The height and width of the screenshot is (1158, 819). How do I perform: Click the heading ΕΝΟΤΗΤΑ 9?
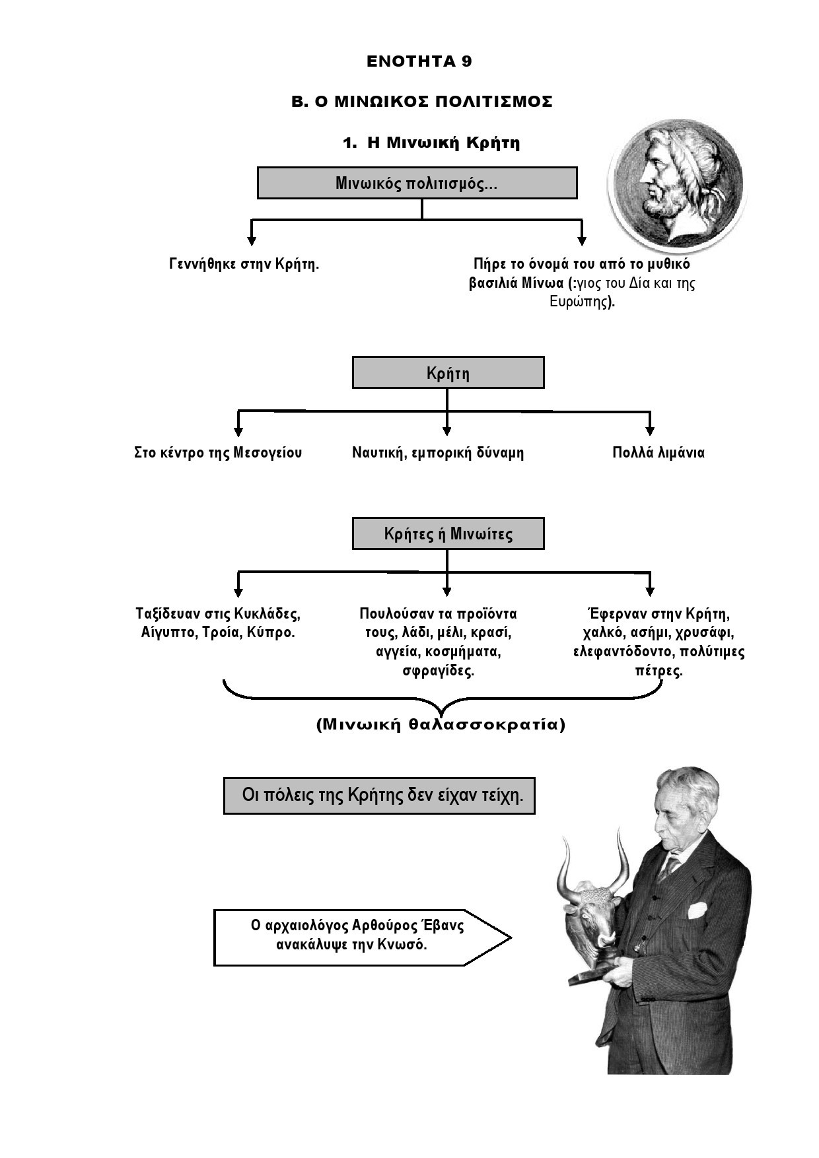pos(419,61)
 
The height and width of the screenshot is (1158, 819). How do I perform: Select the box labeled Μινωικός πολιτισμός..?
pos(417,183)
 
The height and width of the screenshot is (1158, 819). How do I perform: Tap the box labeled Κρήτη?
pos(448,373)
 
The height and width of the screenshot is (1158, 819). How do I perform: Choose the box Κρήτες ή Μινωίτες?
pos(448,533)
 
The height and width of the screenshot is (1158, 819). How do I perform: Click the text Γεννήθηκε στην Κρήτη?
pos(244,264)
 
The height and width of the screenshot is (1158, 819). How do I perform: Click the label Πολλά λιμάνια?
pos(659,453)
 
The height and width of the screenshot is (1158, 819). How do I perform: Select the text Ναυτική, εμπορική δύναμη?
pos(438,453)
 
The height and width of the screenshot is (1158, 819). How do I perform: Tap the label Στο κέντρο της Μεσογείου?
pos(218,453)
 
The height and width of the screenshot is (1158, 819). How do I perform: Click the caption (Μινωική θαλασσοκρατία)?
pos(441,724)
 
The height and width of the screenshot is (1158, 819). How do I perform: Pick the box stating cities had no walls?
pos(379,796)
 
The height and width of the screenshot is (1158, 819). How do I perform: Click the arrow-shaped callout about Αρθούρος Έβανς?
pos(362,937)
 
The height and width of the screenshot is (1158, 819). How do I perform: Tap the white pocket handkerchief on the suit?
pos(697,910)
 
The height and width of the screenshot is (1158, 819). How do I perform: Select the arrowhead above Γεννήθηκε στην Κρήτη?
pos(251,241)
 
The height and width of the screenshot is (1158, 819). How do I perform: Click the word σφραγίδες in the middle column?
pos(439,671)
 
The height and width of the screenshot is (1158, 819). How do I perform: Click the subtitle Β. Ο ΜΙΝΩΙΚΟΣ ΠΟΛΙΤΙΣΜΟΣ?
pos(422,102)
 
